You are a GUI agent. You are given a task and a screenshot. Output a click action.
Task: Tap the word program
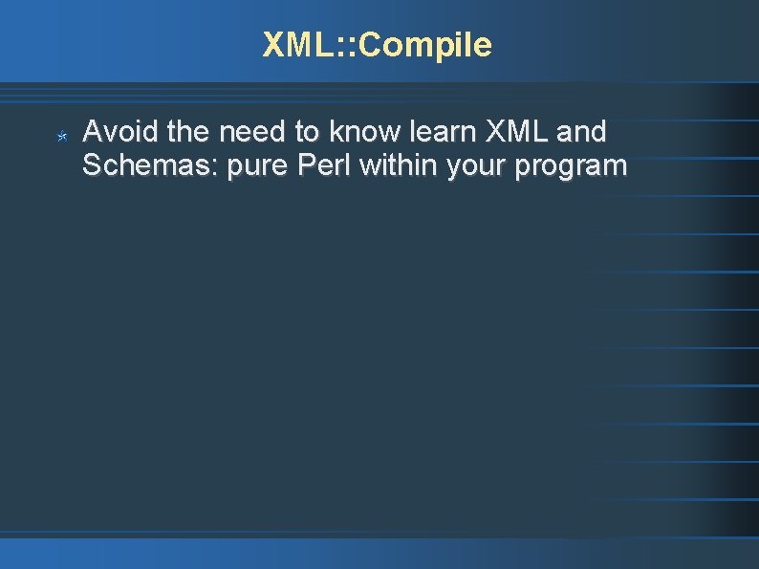[571, 167]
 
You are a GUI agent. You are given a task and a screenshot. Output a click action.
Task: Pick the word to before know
[313, 131]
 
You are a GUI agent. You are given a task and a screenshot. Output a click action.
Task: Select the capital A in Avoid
[92, 131]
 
